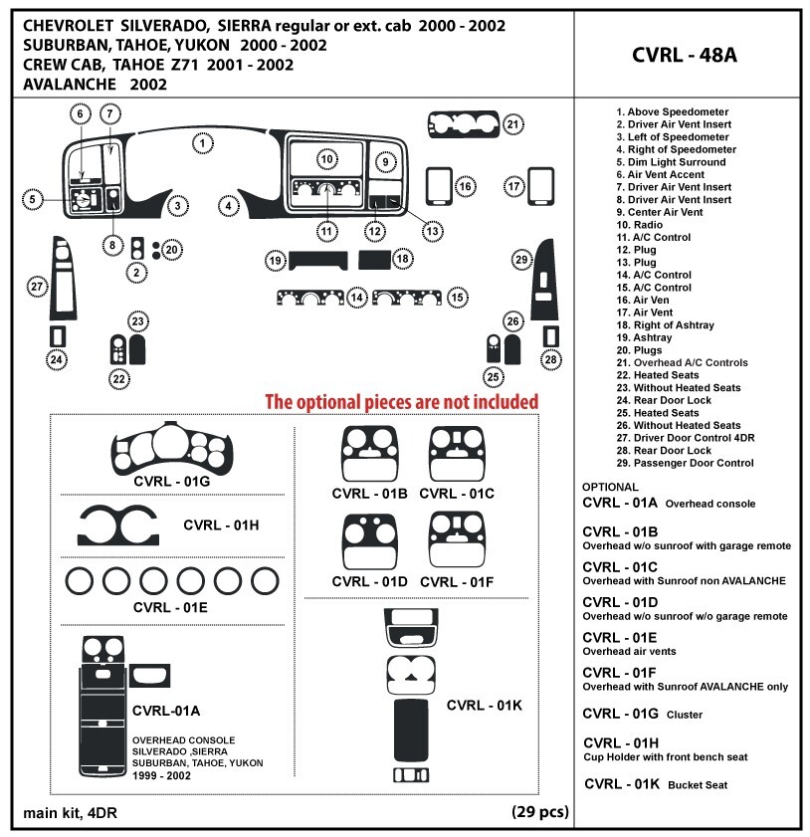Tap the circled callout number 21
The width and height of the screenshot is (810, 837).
pos(511,124)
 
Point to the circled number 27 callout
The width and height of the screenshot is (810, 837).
pos(37,287)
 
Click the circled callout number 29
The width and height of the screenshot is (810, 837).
pos(520,260)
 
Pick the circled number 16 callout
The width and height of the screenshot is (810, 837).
pos(465,186)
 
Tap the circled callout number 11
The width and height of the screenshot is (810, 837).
pos(326,231)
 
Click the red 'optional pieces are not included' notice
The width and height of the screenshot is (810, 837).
pos(401,401)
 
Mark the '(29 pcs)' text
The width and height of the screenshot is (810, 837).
pos(540,811)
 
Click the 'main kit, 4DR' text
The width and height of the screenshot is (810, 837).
pos(70,813)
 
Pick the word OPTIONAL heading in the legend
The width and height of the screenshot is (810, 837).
pos(610,487)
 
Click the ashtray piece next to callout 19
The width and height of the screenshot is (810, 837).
pos(317,261)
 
